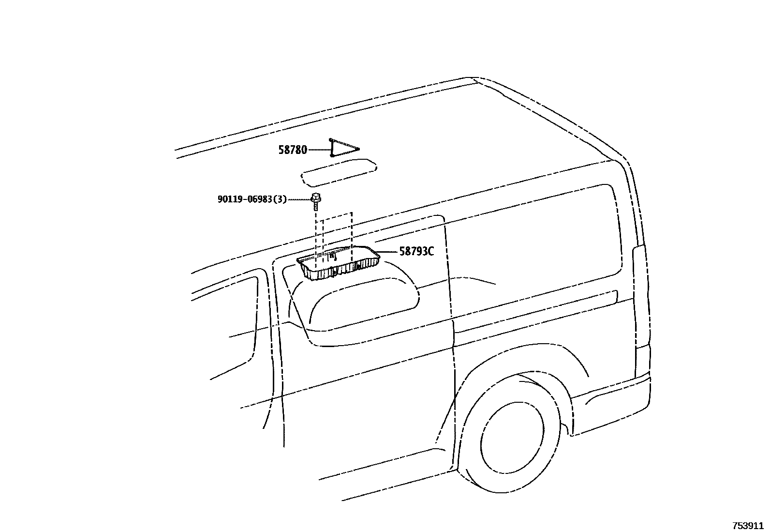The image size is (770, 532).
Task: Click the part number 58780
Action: [293, 150]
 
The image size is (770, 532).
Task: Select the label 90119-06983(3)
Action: [252, 199]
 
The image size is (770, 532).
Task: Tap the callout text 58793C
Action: [416, 251]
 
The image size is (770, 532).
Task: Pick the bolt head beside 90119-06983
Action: [316, 197]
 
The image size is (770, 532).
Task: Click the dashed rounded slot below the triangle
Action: [339, 175]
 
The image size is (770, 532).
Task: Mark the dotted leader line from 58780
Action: [319, 150]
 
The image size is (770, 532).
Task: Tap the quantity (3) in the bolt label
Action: [281, 199]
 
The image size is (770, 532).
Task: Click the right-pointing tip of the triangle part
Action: [358, 149]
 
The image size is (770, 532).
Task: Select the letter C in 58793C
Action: [430, 251]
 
